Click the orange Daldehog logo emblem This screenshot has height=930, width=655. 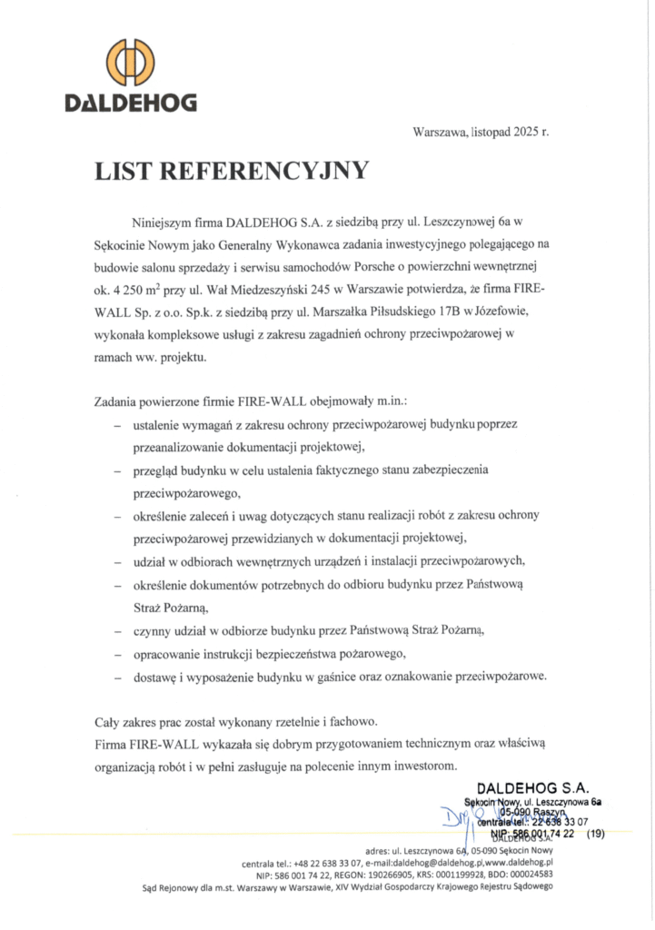click(130, 63)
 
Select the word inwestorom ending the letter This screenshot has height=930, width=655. click(419, 766)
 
